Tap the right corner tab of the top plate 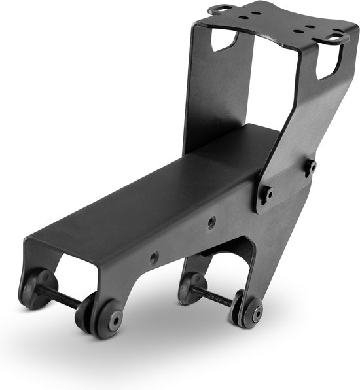tap(340, 38)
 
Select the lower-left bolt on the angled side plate tap(266, 194)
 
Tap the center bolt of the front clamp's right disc tap(115, 321)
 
